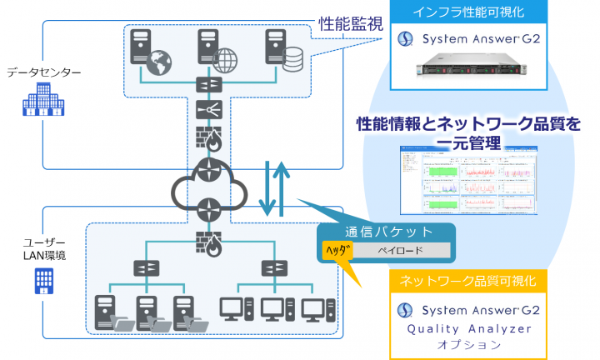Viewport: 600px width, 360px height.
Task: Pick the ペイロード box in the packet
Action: (x=402, y=250)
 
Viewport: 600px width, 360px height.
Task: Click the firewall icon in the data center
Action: (x=205, y=137)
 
